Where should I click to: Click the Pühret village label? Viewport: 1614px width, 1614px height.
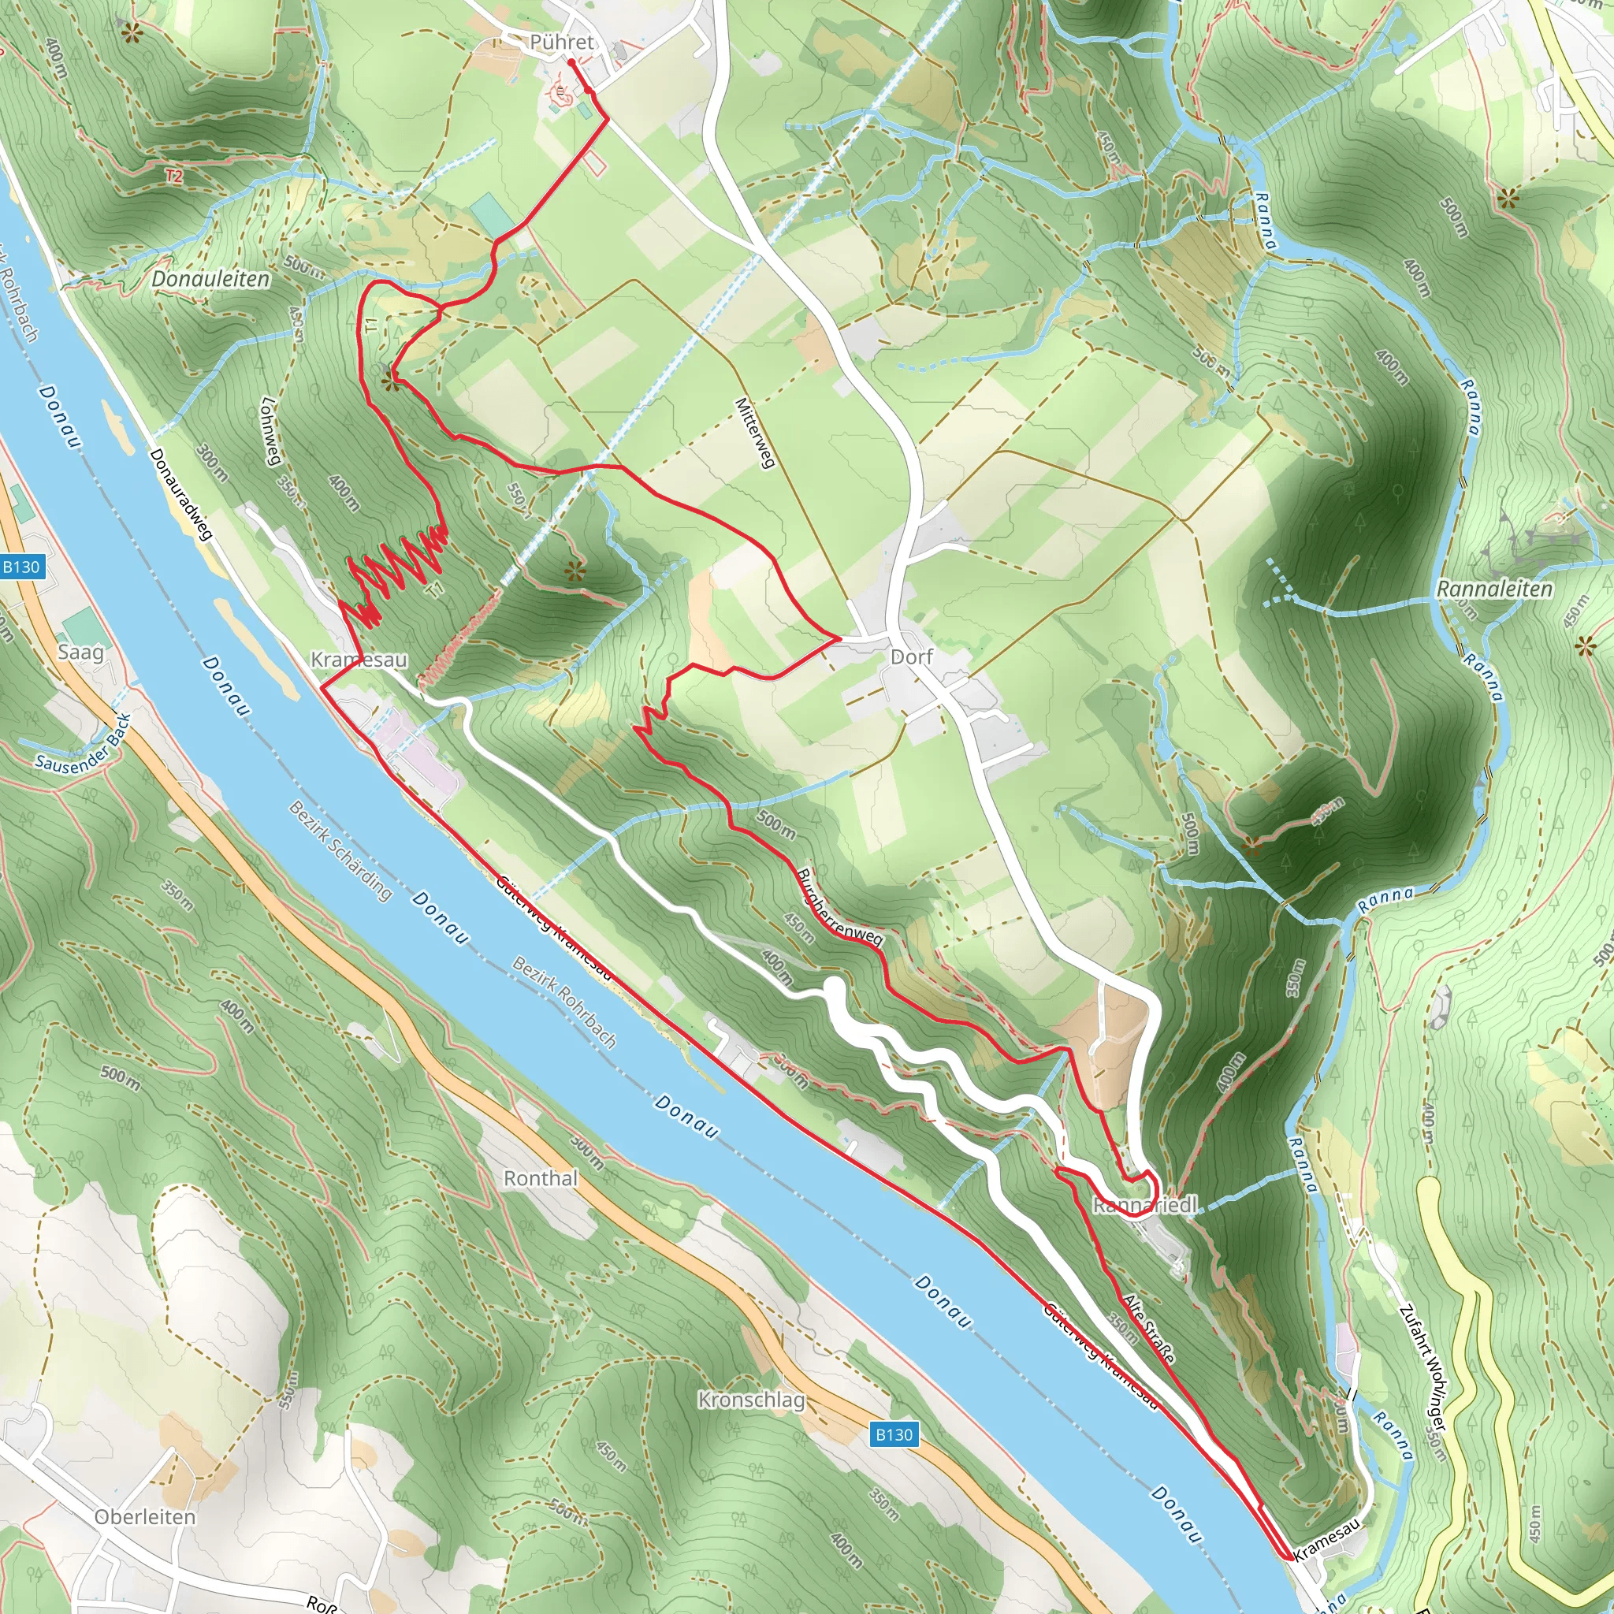pos(561,42)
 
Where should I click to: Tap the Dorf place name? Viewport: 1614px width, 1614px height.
pos(910,656)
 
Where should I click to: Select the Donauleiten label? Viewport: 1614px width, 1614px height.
pos(210,279)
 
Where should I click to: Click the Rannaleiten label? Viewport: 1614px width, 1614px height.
pos(1493,589)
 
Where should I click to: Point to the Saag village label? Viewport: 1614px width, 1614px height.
pos(81,652)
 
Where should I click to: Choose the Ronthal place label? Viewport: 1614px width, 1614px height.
pos(541,1178)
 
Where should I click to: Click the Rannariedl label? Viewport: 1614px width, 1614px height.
pos(1144,1206)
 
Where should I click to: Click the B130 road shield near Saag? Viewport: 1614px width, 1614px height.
pos(21,567)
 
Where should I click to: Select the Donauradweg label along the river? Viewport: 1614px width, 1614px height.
pos(181,493)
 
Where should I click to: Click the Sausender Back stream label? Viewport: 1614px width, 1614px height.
pos(84,742)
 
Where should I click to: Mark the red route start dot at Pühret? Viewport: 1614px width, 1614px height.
pos(571,61)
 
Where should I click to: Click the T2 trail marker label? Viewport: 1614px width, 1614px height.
pos(173,177)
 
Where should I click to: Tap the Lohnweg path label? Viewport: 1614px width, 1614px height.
pos(270,431)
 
